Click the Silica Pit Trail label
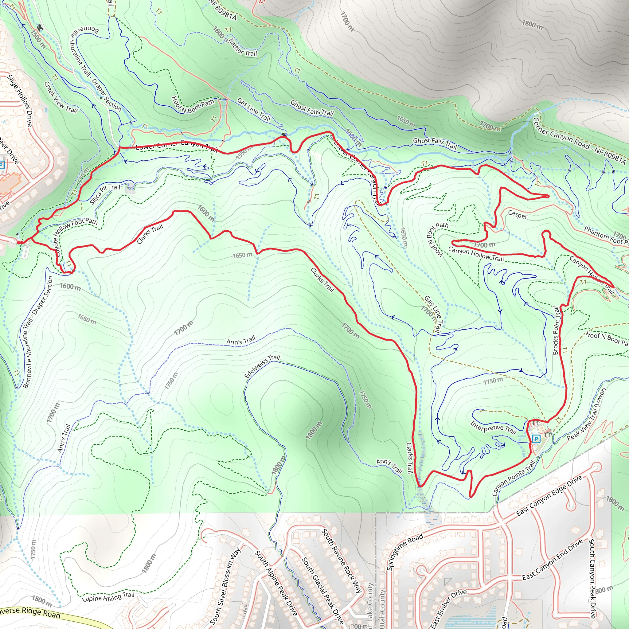[x=105, y=194]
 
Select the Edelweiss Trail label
[x=262, y=366]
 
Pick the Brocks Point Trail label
[x=557, y=330]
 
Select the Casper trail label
[x=518, y=215]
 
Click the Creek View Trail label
[x=61, y=97]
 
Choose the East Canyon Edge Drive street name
[x=549, y=495]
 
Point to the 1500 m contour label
[x=38, y=39]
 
